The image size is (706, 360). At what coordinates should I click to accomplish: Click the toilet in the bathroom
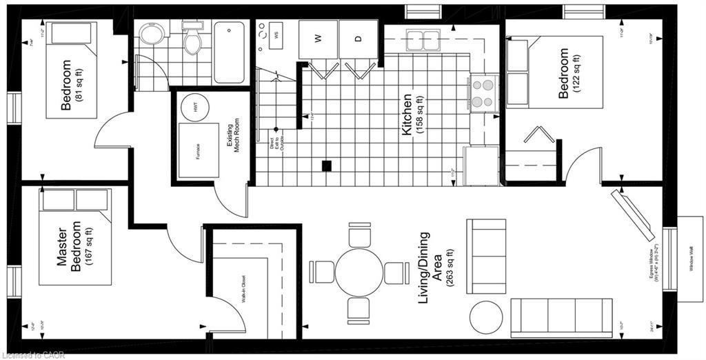pyautogui.click(x=192, y=41)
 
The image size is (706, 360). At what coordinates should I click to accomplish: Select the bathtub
pyautogui.click(x=229, y=52)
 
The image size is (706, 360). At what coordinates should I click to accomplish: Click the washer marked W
pyautogui.click(x=318, y=39)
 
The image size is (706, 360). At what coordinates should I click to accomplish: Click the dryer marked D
pyautogui.click(x=359, y=39)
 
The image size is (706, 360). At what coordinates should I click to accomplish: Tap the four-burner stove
pyautogui.click(x=484, y=93)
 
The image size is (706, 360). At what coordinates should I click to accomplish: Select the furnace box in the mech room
pyautogui.click(x=198, y=150)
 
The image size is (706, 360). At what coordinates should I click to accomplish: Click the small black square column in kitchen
pyautogui.click(x=327, y=166)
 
